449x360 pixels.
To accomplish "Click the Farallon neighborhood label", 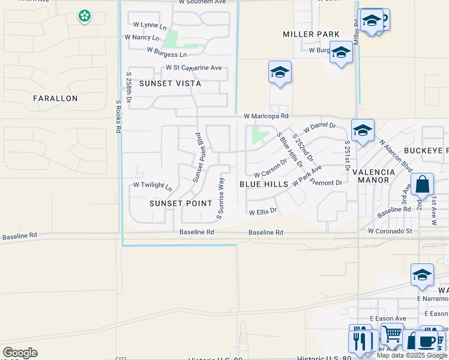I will pos(55,98).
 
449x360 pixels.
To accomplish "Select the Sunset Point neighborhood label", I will pos(173,203).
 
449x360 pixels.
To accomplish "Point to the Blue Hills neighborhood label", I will pos(264,184).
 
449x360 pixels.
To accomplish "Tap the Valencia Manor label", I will pos(373,176).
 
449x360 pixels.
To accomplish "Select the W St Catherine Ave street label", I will pos(194,68).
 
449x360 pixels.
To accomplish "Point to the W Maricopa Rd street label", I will pos(266,116).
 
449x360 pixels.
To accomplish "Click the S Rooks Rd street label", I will pos(119,116).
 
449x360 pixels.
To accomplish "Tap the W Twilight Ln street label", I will pos(152,186).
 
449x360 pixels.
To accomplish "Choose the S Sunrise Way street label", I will pos(220,198).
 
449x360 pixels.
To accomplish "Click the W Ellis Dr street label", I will pos(263,211).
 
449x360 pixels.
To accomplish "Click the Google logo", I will pos(20,353).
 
